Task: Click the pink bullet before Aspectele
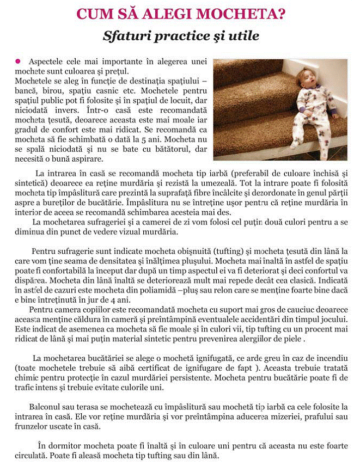pyautogui.click(x=18, y=61)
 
